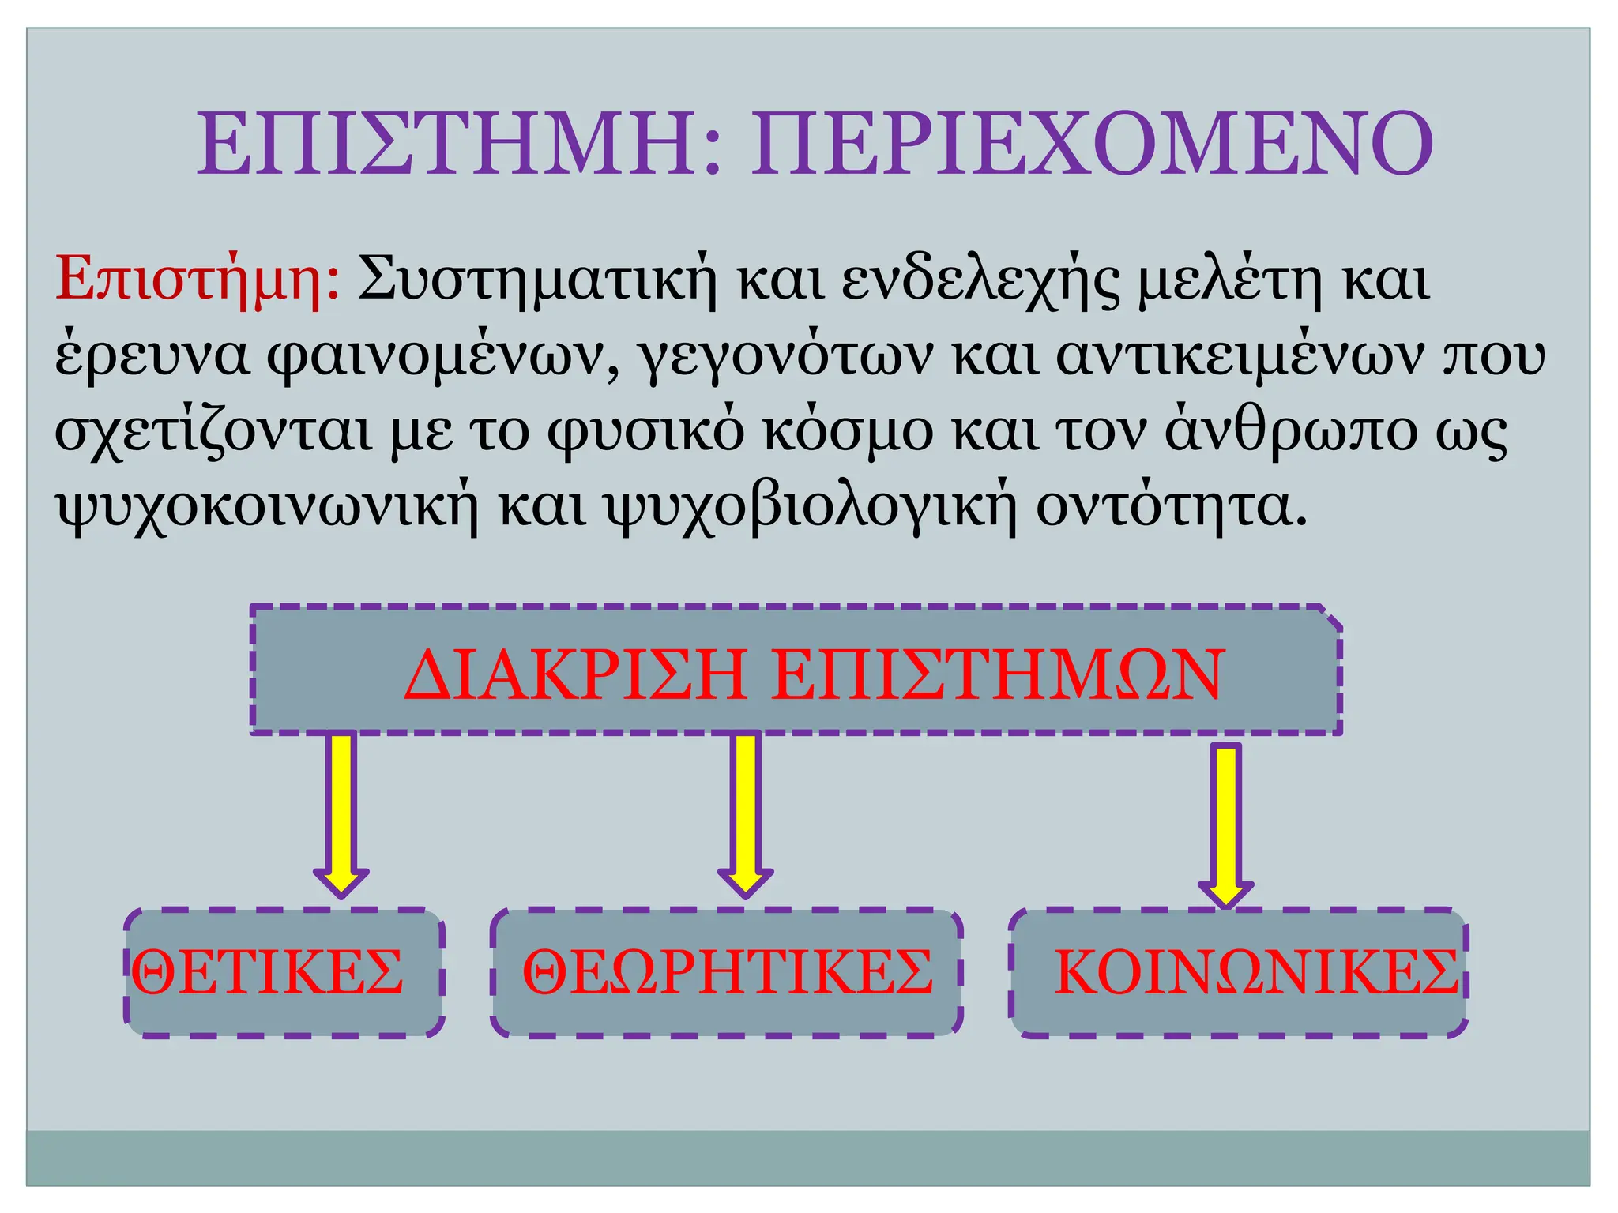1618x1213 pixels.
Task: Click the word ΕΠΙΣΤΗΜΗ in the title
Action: [x=446, y=145]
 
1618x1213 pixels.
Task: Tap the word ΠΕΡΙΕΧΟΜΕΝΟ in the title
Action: [x=1092, y=145]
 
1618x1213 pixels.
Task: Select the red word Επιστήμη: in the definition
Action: [x=198, y=280]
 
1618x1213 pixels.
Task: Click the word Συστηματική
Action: [x=537, y=280]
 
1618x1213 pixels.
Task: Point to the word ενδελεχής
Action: [x=980, y=281]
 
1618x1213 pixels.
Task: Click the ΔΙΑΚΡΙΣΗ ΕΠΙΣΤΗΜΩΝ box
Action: [x=796, y=671]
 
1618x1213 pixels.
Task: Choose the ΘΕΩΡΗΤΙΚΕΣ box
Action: [x=727, y=972]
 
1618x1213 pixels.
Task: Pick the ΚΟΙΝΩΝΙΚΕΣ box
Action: [x=1239, y=972]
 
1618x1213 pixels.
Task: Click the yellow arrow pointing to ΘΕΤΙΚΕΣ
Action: [x=341, y=813]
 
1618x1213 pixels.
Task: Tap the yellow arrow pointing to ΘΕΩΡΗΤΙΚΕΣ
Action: [x=745, y=813]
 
